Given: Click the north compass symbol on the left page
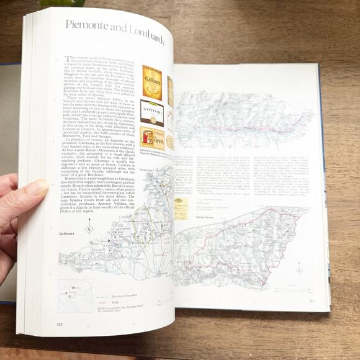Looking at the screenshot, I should coord(89,229).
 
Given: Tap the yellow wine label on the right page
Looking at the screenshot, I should coord(181,208).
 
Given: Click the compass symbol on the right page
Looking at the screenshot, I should coord(299,268).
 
